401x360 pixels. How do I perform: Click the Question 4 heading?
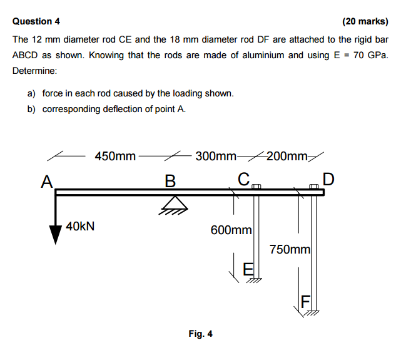(36, 21)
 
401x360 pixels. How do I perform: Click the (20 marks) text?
(365, 21)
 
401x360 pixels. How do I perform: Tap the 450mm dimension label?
(115, 156)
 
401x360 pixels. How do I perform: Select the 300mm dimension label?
(216, 156)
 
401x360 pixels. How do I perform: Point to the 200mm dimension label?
(287, 156)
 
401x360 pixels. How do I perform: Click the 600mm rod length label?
(231, 230)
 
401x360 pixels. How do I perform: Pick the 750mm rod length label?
(290, 249)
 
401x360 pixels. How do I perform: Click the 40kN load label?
(80, 226)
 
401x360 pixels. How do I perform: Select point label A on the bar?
(46, 182)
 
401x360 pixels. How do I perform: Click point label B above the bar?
(170, 181)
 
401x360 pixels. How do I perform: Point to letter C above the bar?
(243, 178)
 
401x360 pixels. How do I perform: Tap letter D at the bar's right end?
(328, 179)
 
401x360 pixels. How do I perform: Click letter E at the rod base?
(248, 269)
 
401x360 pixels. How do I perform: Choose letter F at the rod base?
(306, 302)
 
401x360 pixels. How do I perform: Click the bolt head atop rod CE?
(256, 187)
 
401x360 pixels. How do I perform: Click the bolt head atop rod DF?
(314, 187)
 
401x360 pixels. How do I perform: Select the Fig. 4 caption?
(200, 334)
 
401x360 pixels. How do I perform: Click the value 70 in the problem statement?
(358, 55)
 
